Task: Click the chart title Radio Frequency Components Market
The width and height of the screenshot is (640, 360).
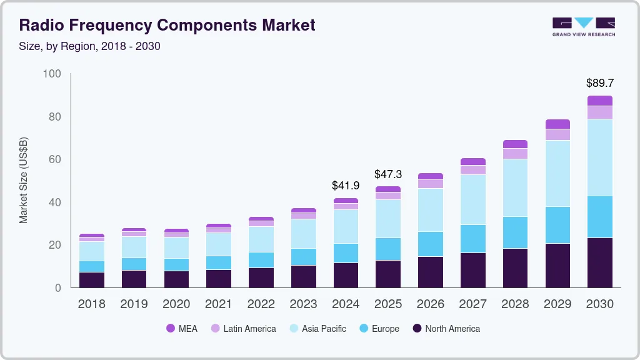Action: tap(167, 25)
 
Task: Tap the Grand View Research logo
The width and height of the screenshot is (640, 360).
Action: tap(583, 26)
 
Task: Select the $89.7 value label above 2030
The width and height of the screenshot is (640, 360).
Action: tap(599, 82)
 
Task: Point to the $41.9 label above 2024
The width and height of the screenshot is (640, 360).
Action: tap(346, 186)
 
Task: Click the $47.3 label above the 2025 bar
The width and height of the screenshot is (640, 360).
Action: tap(388, 174)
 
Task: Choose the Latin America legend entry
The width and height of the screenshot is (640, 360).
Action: tap(243, 328)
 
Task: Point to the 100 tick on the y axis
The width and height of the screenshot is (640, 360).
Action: tap(52, 74)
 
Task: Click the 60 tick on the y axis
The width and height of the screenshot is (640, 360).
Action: tap(55, 159)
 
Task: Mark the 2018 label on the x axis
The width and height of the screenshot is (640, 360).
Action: tap(91, 304)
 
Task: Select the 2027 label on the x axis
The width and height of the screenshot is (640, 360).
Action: tap(473, 304)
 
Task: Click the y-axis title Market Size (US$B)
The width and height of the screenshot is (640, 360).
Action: tap(24, 181)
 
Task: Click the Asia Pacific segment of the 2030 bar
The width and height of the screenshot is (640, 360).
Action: tap(599, 157)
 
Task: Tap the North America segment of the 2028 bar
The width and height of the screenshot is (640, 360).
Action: tap(515, 268)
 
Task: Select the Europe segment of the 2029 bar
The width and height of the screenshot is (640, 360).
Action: tap(557, 225)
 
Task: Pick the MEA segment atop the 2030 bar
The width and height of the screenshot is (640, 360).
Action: tap(599, 101)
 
